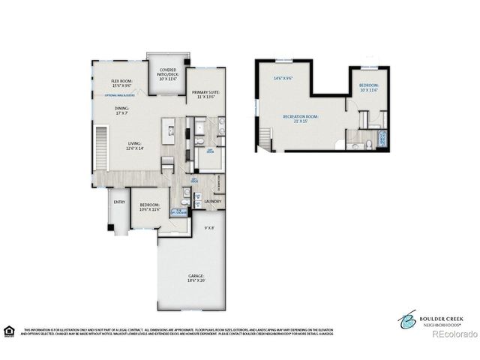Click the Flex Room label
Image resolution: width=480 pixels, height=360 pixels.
(x=122, y=83)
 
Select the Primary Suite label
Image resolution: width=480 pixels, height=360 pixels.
(x=205, y=94)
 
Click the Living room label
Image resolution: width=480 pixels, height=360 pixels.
(x=135, y=146)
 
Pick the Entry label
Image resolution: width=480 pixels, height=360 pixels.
(x=119, y=202)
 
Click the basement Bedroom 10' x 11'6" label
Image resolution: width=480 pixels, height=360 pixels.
(x=368, y=88)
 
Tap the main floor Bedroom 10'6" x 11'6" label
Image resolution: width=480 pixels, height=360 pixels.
(x=149, y=207)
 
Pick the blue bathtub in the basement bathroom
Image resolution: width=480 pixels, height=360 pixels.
(x=382, y=138)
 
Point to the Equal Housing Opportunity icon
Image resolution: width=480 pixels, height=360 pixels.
(x=10, y=330)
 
